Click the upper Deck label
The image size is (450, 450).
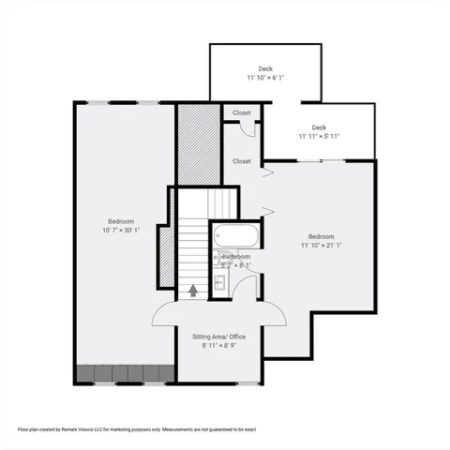[265, 68]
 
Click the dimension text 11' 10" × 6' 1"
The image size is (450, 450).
[265, 78]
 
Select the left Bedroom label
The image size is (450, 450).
[121, 221]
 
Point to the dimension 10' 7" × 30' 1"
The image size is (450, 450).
[121, 230]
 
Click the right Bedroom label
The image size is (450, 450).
[322, 236]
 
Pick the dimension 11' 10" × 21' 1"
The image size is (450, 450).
[322, 246]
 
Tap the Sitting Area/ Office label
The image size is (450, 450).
[218, 336]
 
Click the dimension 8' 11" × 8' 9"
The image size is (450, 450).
[218, 345]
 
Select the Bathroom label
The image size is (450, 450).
[236, 256]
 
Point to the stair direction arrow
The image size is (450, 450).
[193, 291]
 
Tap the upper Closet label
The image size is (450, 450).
[241, 112]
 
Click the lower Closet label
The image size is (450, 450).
[242, 161]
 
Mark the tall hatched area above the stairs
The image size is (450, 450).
[198, 144]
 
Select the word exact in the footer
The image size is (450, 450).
[247, 428]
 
